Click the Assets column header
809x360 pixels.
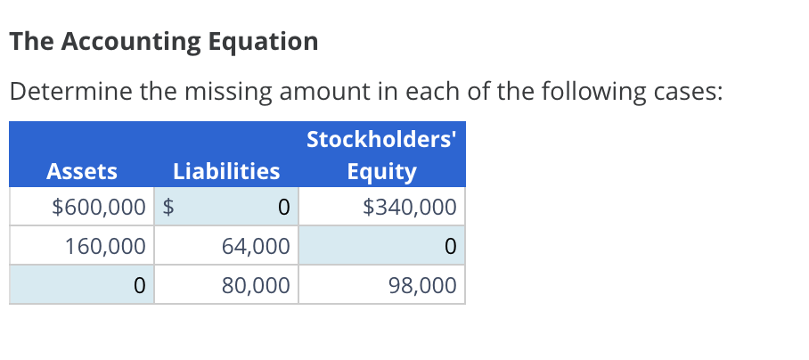81,171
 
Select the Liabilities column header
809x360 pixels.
226,171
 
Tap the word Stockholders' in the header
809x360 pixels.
381,139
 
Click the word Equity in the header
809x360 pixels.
381,171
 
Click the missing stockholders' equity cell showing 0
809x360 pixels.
381,246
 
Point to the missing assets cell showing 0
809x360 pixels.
82,285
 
